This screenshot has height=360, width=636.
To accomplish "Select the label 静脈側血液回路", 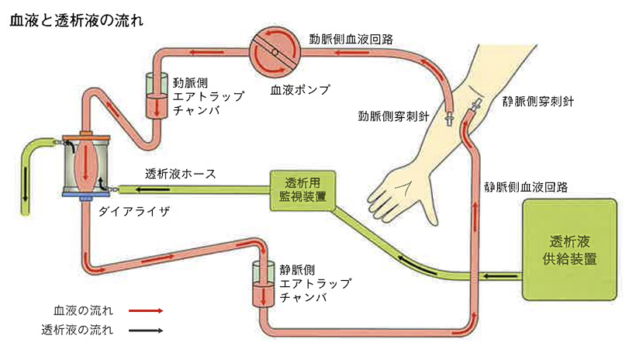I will click(x=526, y=187).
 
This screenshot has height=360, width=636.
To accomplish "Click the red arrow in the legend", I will click(x=145, y=311).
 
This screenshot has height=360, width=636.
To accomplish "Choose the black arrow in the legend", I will click(x=145, y=331).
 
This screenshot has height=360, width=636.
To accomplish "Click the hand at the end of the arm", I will click(x=399, y=193).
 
